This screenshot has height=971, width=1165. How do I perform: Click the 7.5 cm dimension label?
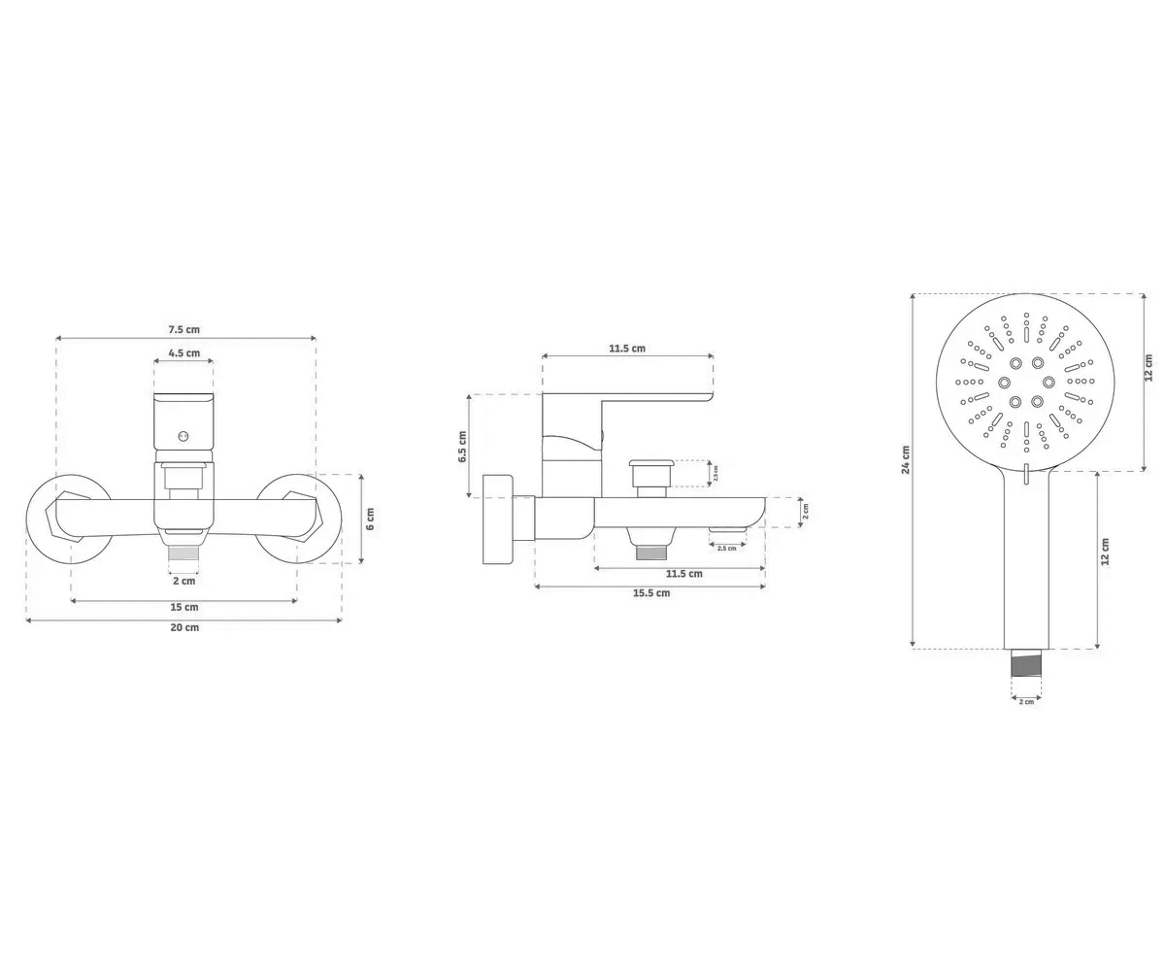(184, 329)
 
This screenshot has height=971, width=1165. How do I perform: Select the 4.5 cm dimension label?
(184, 352)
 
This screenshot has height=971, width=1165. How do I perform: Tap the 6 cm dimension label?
(370, 519)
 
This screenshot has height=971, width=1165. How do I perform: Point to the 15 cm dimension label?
(184, 607)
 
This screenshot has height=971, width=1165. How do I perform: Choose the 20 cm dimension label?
(184, 627)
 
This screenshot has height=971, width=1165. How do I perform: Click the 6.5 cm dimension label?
(462, 447)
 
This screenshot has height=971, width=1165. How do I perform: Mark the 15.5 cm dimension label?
(651, 592)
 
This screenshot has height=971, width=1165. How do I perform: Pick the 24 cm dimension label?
(906, 460)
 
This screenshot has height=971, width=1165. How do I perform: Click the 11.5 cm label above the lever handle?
(627, 349)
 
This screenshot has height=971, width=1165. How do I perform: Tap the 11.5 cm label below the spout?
(684, 573)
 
